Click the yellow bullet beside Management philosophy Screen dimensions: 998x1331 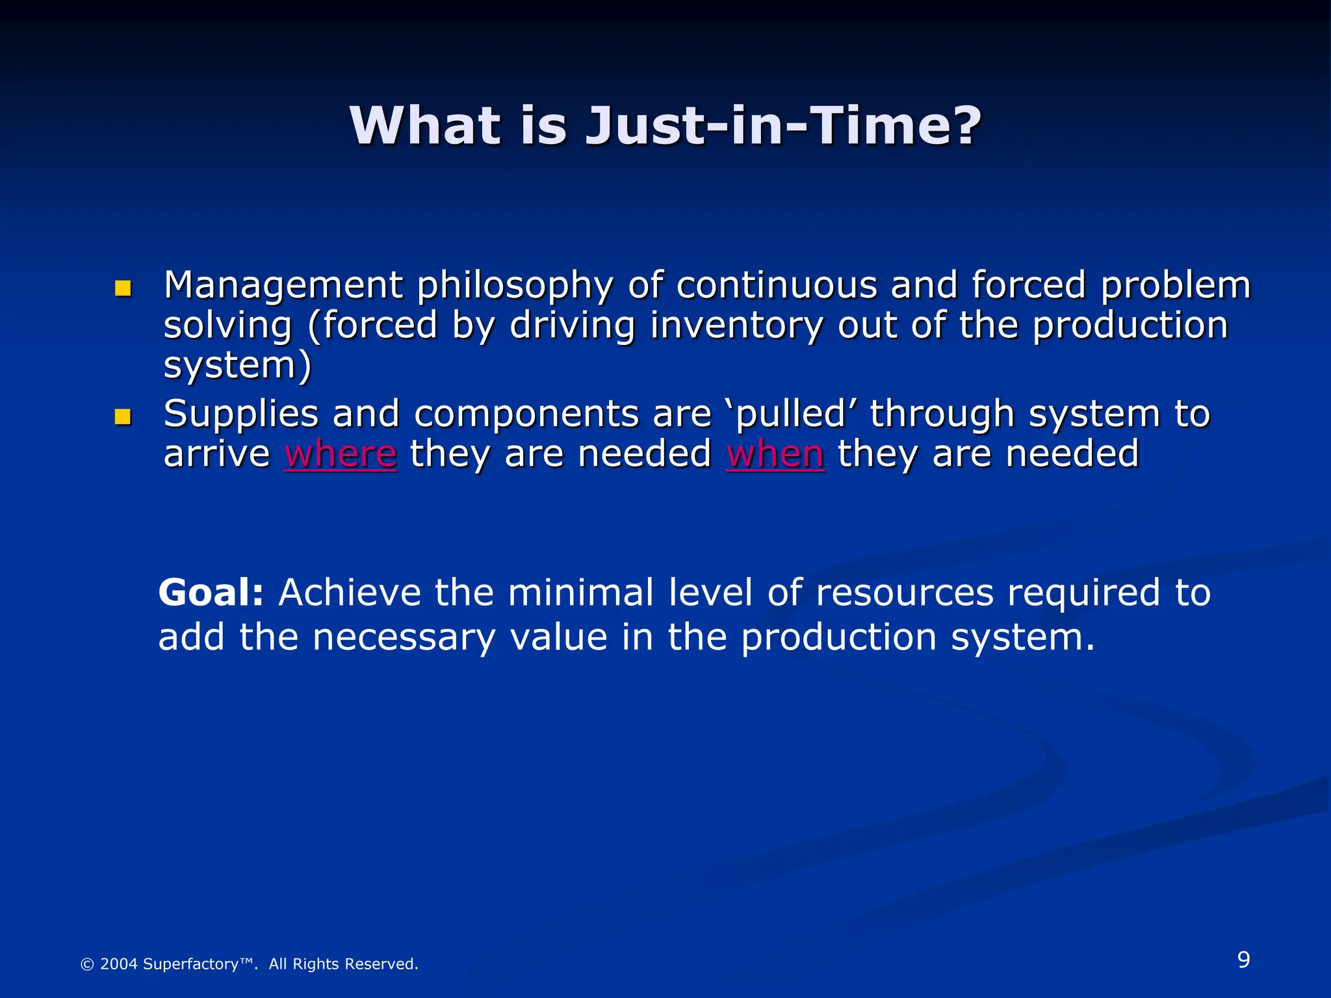click(123, 288)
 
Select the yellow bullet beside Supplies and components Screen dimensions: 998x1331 click(123, 416)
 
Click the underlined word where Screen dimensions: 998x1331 click(340, 454)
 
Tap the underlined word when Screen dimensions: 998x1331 click(775, 454)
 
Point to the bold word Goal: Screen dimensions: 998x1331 click(211, 593)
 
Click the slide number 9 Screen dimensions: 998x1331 click(1243, 960)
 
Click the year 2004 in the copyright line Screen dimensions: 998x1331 click(118, 964)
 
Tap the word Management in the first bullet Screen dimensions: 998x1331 click(283, 286)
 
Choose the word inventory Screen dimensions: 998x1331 click(736, 326)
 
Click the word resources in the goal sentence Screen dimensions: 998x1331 click(904, 594)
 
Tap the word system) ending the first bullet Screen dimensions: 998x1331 click(237, 366)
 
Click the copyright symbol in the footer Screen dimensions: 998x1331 click(86, 965)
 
